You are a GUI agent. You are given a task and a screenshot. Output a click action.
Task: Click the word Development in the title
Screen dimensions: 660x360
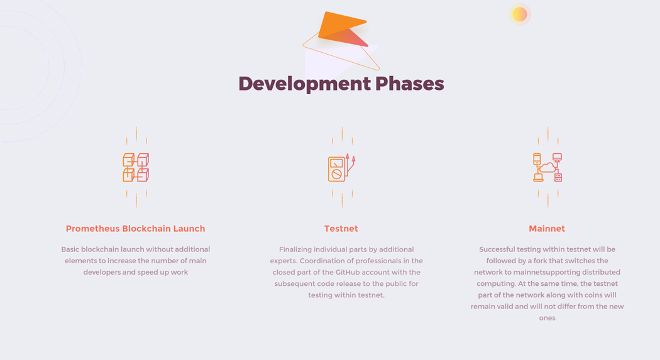pyautogui.click(x=304, y=84)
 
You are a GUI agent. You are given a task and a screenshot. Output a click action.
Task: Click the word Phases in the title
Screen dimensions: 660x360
pyautogui.click(x=410, y=84)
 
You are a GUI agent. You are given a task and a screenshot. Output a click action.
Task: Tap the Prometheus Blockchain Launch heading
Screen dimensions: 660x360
pyautogui.click(x=136, y=229)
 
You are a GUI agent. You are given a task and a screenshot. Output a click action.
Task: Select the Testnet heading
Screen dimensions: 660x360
pyautogui.click(x=341, y=229)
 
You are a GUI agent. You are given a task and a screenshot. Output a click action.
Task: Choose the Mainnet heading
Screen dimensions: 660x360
pyautogui.click(x=547, y=229)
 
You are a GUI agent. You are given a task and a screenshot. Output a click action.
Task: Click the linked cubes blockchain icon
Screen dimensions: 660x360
pyautogui.click(x=136, y=167)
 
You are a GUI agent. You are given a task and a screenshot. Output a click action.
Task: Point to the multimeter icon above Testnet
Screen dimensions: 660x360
pyautogui.click(x=341, y=167)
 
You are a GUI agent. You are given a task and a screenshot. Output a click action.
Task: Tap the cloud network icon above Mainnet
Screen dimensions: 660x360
pyautogui.click(x=547, y=167)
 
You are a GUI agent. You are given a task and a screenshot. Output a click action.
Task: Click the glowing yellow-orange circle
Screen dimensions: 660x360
pyautogui.click(x=520, y=14)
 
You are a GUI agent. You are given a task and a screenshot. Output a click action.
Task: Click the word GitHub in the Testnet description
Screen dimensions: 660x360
pyautogui.click(x=347, y=272)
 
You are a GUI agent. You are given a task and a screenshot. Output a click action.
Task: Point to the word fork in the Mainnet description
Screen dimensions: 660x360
pyautogui.click(x=541, y=261)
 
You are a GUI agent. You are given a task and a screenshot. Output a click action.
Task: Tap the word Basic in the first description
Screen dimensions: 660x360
pyautogui.click(x=70, y=249)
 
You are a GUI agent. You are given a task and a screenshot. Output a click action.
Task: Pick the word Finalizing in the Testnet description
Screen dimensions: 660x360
pyautogui.click(x=295, y=250)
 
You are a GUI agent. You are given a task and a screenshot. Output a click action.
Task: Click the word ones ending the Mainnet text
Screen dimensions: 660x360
pyautogui.click(x=547, y=319)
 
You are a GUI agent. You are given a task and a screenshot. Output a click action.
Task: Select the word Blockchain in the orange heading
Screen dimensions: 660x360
pyautogui.click(x=146, y=229)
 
